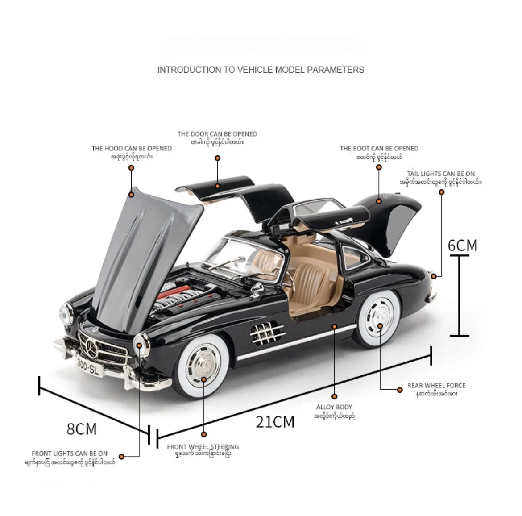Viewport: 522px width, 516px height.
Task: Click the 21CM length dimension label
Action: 275,421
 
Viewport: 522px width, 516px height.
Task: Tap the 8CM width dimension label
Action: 82,429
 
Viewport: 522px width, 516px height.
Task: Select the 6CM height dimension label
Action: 462,245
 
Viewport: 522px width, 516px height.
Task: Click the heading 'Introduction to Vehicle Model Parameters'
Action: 261,70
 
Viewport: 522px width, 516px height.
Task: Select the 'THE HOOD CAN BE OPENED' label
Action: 132,148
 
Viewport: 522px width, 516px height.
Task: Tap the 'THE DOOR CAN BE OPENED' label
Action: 217,134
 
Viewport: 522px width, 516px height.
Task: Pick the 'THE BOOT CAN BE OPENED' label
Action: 379,148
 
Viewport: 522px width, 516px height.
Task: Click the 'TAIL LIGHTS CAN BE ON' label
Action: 441,174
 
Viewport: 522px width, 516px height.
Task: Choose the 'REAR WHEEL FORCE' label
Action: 436,386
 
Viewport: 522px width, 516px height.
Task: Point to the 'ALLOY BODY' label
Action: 334,407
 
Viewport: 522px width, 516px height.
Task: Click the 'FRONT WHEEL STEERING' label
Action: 203,447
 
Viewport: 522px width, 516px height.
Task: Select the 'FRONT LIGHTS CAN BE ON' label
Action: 70,454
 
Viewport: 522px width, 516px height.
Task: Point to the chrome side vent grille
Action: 267,333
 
